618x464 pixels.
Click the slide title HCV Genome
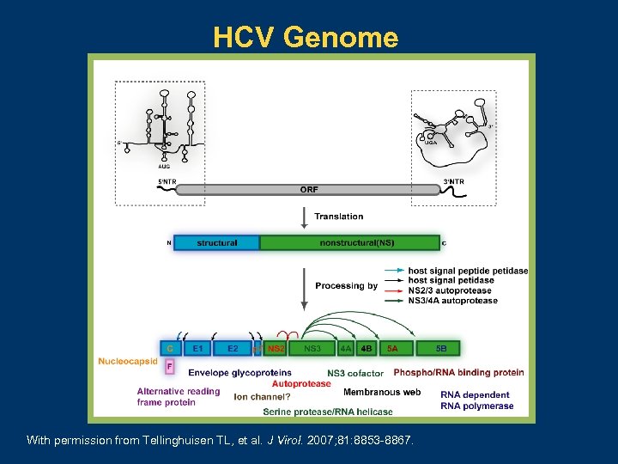click(306, 38)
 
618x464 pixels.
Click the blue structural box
click(216, 243)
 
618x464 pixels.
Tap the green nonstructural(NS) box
click(349, 243)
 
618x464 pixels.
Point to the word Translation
click(338, 217)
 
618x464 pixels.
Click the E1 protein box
click(198, 348)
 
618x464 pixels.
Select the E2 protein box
click(233, 348)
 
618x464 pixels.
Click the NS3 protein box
click(312, 348)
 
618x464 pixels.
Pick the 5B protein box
click(440, 348)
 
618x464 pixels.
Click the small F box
click(169, 366)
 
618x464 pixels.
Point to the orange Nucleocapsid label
click(127, 362)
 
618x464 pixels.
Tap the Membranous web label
click(382, 392)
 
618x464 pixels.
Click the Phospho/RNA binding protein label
click(458, 373)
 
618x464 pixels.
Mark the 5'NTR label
click(167, 181)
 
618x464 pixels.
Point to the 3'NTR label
click(453, 181)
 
